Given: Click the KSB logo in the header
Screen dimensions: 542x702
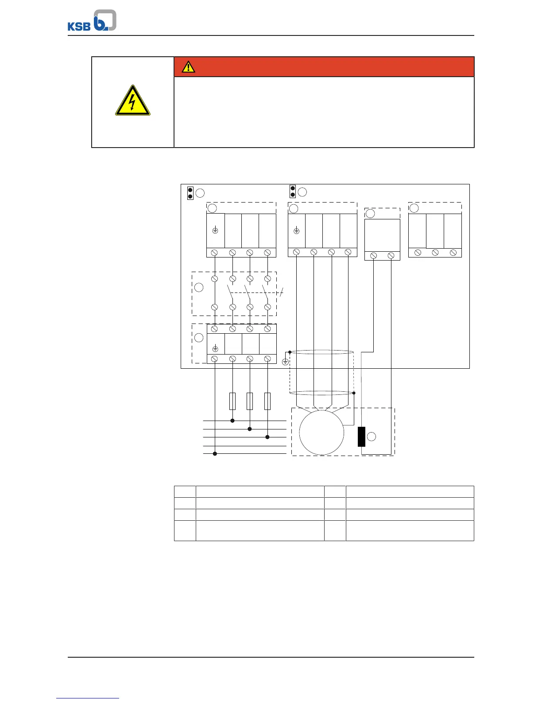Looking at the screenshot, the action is pyautogui.click(x=92, y=20).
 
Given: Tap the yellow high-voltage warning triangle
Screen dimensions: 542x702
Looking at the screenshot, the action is pyautogui.click(x=133, y=101).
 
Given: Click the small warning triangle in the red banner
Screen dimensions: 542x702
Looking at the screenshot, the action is pyautogui.click(x=188, y=67).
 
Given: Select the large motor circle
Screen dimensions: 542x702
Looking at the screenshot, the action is pyautogui.click(x=321, y=433).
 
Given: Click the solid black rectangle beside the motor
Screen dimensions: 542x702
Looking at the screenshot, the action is pyautogui.click(x=361, y=437).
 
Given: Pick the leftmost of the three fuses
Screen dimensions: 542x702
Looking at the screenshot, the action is pyautogui.click(x=232, y=401).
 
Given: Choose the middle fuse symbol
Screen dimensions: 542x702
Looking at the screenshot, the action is pyautogui.click(x=250, y=401).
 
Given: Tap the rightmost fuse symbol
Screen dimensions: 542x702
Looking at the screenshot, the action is pyautogui.click(x=267, y=401).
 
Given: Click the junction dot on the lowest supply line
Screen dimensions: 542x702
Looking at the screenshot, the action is pyautogui.click(x=215, y=453).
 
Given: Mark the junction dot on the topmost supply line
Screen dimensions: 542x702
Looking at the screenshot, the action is pyautogui.click(x=232, y=421).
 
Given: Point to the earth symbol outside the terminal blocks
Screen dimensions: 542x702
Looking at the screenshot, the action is pyautogui.click(x=285, y=362).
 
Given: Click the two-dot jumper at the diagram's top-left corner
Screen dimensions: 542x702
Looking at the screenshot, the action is pyautogui.click(x=190, y=193).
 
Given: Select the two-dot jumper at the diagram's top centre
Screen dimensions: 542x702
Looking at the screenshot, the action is pyautogui.click(x=292, y=191).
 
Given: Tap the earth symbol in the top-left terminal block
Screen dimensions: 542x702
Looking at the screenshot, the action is pyautogui.click(x=215, y=230).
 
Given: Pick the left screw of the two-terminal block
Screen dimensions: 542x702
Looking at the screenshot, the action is pyautogui.click(x=373, y=256).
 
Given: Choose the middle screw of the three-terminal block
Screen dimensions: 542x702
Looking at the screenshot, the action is pyautogui.click(x=435, y=253).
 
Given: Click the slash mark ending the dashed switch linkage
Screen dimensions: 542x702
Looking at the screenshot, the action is pyautogui.click(x=282, y=292).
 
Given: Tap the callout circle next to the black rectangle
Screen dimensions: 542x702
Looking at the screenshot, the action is pyautogui.click(x=372, y=437).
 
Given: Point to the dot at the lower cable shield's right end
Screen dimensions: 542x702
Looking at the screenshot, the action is pyautogui.click(x=354, y=393).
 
